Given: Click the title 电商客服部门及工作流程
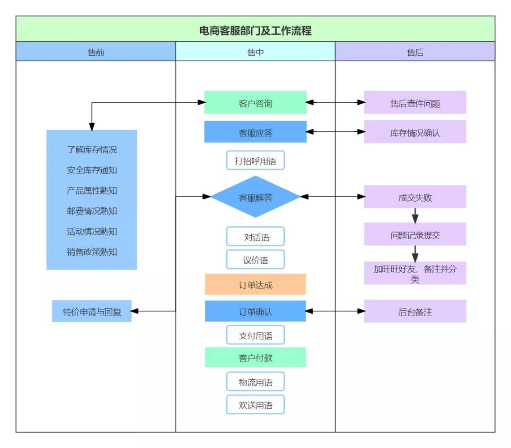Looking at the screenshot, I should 255,30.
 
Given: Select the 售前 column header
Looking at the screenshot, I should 96,52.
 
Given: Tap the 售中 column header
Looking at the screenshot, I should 255,52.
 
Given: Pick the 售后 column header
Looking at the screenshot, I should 415,52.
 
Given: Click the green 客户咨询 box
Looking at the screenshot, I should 255,103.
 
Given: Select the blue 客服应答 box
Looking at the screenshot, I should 255,132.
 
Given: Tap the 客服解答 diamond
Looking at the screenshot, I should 255,197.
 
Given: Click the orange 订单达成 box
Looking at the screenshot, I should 255,285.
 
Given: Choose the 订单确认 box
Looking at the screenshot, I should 255,312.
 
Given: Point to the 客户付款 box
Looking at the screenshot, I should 255,358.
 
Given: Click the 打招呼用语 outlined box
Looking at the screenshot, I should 255,161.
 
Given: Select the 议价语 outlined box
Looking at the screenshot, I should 255,260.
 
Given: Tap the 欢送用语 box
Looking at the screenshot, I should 255,405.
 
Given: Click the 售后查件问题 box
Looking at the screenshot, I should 415,103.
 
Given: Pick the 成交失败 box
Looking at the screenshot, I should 415,197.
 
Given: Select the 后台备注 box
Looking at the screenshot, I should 415,312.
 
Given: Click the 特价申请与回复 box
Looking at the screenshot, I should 92,312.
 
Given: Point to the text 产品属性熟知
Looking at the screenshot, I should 92,190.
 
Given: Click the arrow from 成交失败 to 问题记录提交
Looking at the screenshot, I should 415,215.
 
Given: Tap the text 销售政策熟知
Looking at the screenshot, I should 92,251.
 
